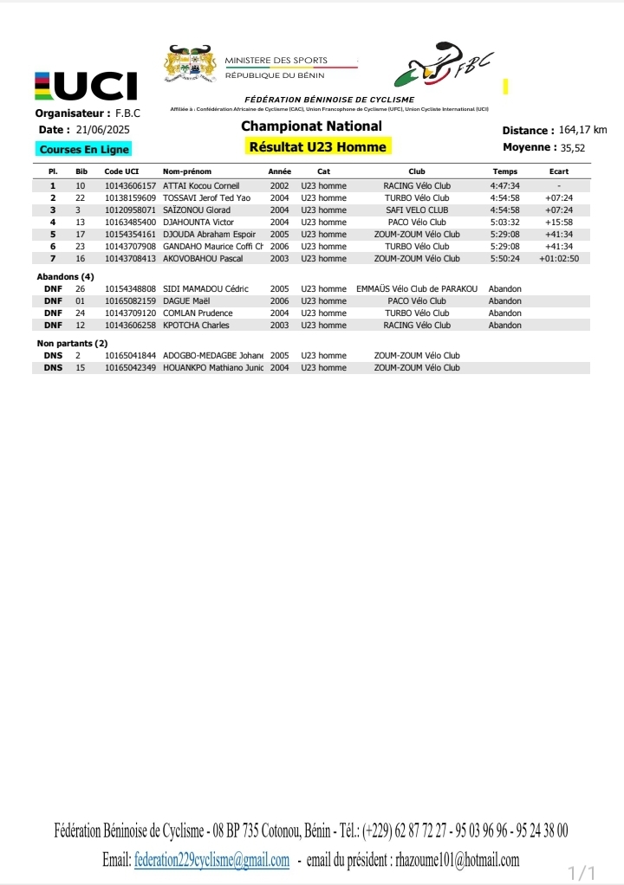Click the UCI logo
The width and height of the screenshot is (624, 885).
tap(86, 86)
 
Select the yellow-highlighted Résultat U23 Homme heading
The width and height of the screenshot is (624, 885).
tap(317, 146)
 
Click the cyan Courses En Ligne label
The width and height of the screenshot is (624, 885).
tap(84, 150)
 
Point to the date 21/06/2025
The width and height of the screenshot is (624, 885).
tap(103, 130)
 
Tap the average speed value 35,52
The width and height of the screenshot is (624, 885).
tap(574, 147)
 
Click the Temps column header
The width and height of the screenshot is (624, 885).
tap(504, 171)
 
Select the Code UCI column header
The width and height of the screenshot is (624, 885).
tap(121, 171)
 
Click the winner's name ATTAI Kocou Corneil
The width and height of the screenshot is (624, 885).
tap(201, 185)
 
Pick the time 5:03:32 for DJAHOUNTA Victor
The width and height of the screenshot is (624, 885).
tap(504, 222)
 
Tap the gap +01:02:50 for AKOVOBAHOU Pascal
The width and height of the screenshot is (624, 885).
tap(558, 258)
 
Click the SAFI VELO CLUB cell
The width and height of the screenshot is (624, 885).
tap(416, 210)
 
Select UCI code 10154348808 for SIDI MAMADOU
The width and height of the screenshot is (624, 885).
tap(130, 288)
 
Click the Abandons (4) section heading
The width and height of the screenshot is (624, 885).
tap(62, 276)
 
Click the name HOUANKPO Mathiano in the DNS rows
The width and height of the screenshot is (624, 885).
tap(212, 367)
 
